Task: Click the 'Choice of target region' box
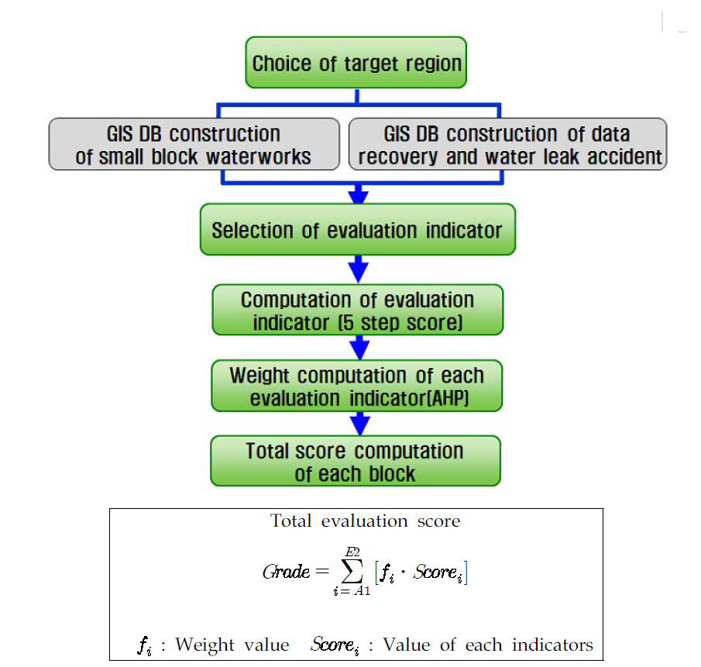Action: coord(356,63)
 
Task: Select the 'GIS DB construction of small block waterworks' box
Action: coord(194,144)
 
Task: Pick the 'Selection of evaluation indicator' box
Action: coord(357,230)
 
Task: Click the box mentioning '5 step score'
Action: coord(357,310)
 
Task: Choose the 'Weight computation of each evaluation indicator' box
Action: coord(357,386)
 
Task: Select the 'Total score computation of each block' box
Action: coord(356,461)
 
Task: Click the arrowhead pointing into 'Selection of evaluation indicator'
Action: coord(357,191)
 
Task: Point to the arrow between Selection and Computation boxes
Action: coord(357,269)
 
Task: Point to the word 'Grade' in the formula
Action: coord(286,572)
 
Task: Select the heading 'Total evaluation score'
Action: coord(365,521)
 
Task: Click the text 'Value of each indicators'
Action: coord(488,645)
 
